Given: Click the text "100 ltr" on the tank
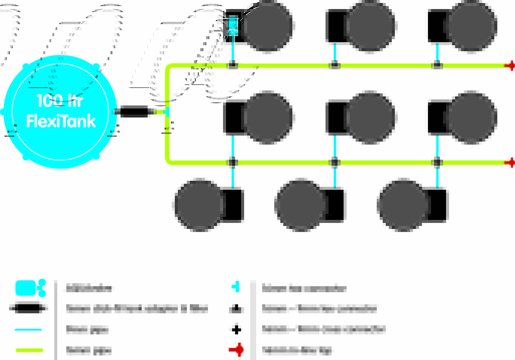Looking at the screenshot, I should point(60,101).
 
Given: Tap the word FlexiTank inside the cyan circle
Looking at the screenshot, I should point(61,121).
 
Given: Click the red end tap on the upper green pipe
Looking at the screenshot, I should point(510,66).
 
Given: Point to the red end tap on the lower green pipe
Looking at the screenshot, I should point(510,163).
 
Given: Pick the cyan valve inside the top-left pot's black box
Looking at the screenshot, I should point(232,25).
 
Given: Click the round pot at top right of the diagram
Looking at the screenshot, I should point(471,26).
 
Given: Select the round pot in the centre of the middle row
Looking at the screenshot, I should point(370,117).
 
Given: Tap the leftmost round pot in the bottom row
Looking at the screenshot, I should point(199,205).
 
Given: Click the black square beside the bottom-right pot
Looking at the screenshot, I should point(437,205).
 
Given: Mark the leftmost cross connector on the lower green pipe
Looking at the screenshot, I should point(232,162).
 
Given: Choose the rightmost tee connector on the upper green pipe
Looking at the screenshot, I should point(437,66).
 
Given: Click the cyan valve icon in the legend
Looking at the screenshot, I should point(30,288).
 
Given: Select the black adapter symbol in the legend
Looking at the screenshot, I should point(28,308).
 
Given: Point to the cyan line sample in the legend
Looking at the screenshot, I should point(28,329).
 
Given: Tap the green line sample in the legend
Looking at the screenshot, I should point(29,350).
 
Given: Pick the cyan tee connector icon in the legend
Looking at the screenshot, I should point(236,287).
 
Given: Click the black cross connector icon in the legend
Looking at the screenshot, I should point(236,330).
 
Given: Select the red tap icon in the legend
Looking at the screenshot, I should point(237,350).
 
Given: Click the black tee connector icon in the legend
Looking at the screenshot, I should point(236,309).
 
